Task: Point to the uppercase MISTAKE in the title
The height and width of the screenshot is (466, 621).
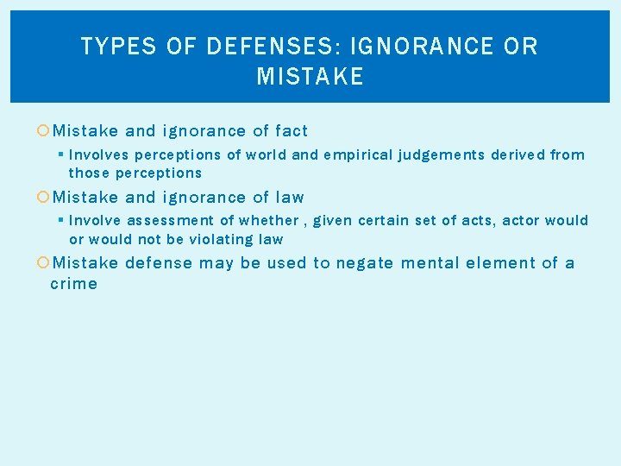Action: click(x=310, y=78)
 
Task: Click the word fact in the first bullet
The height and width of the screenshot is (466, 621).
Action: click(x=292, y=131)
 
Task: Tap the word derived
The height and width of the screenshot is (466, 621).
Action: click(x=517, y=155)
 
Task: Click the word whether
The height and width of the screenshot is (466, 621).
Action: click(x=271, y=221)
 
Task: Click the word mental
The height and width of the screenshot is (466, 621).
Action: click(x=432, y=263)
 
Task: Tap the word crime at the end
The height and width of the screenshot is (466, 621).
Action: click(x=74, y=284)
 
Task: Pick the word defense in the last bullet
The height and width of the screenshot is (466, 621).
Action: click(x=160, y=263)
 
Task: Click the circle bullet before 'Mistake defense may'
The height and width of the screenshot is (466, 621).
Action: click(x=44, y=263)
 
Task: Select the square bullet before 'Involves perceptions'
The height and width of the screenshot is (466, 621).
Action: click(x=61, y=155)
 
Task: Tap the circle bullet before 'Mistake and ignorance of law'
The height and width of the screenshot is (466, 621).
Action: click(x=44, y=197)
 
